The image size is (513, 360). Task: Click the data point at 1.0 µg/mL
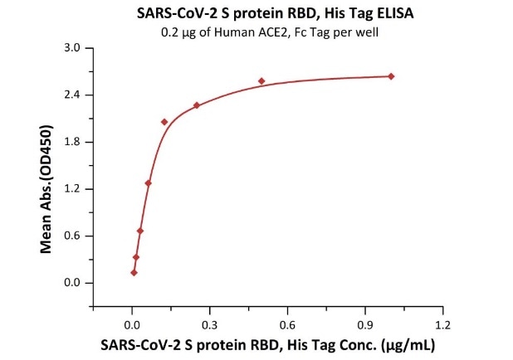(x=391, y=76)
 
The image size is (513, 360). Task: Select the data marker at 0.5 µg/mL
(x=261, y=80)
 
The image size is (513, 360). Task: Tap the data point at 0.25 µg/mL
(x=197, y=105)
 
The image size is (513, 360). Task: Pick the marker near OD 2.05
(x=164, y=122)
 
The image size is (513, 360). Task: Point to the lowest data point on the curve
(x=134, y=272)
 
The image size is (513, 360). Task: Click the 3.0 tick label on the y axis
(x=73, y=48)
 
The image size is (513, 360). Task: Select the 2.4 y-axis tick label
(x=73, y=95)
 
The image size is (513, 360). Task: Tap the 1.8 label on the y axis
(x=73, y=142)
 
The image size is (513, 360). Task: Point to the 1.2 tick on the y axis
(x=73, y=189)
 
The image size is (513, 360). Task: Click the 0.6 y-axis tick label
(x=73, y=236)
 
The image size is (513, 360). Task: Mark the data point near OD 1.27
(x=148, y=182)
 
